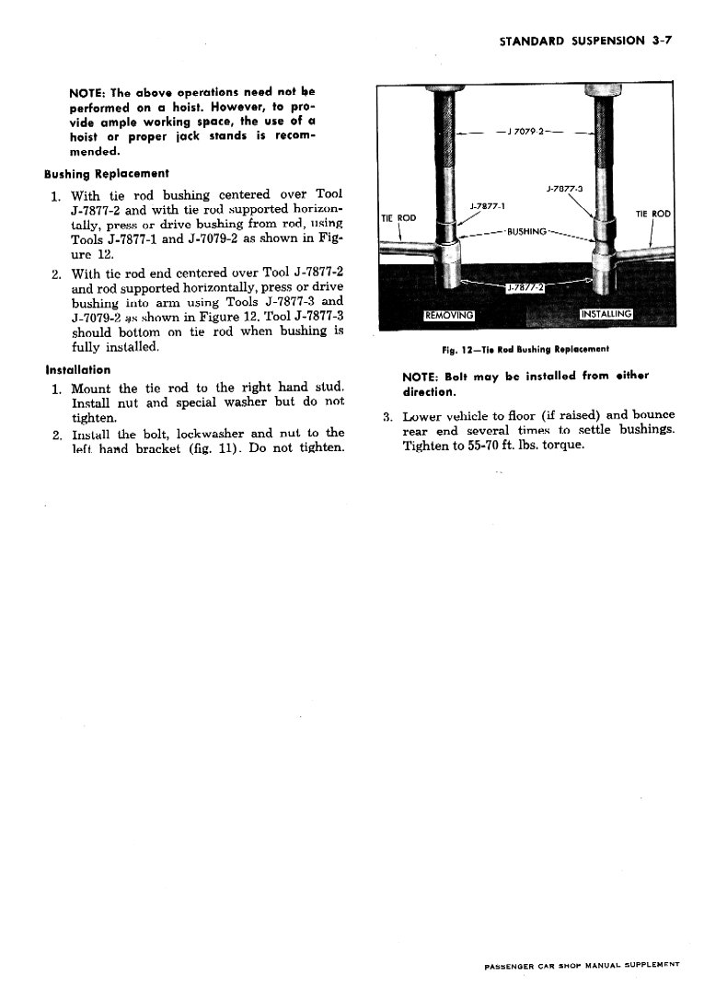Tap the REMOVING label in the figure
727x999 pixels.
pyautogui.click(x=448, y=315)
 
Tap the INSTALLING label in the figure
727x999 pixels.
pyautogui.click(x=606, y=314)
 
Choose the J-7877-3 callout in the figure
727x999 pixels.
pyautogui.click(x=564, y=189)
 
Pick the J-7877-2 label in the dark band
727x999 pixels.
pyautogui.click(x=525, y=287)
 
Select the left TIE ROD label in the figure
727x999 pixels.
pyautogui.click(x=398, y=217)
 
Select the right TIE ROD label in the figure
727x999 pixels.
pyautogui.click(x=653, y=214)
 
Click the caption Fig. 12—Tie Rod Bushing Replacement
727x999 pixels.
pyautogui.click(x=525, y=349)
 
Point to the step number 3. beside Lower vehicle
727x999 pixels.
pyautogui.click(x=387, y=415)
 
